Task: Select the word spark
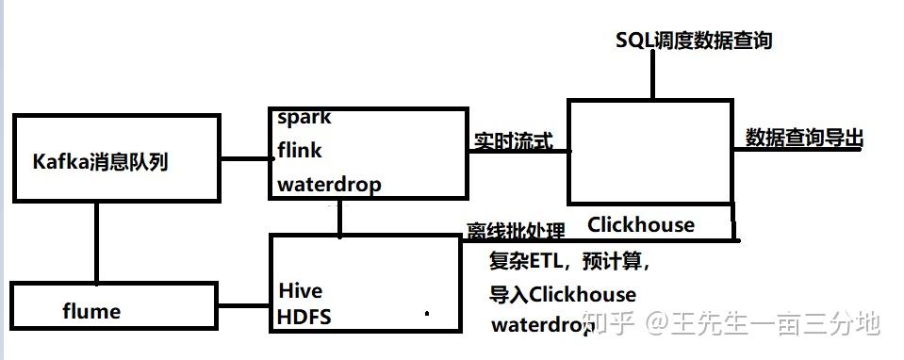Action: coord(304,118)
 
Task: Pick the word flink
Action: coord(300,150)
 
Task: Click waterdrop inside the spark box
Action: coord(329,184)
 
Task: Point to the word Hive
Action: coord(301,289)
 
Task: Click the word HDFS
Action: coord(304,317)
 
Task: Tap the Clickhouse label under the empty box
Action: coord(640,224)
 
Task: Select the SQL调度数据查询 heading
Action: coord(694,40)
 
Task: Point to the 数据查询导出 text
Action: coord(804,139)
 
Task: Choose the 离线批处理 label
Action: coord(516,232)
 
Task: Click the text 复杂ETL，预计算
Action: coord(569,261)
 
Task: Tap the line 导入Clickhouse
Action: coord(563,294)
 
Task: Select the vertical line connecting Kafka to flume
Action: coord(97,241)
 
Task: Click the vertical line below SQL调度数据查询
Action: coord(651,75)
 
